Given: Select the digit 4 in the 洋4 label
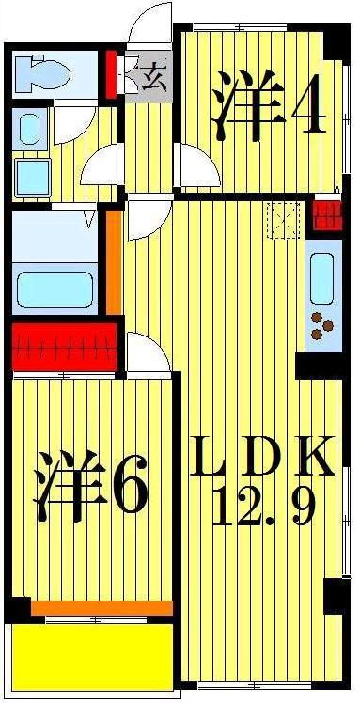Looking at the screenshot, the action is point(308,106).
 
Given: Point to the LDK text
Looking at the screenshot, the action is point(262,456).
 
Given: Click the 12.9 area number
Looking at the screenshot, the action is point(264,507).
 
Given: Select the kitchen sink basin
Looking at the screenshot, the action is point(321,278).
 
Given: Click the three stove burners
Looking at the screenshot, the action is point(321,324).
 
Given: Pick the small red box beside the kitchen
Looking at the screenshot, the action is point(327,216).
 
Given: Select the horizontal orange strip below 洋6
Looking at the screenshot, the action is point(102,608).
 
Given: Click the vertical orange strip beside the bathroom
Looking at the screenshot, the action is point(114,262).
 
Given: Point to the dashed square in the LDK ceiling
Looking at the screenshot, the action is point(283,220).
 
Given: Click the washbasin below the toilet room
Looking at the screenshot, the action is point(29,129).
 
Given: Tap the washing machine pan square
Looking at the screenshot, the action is point(32,178).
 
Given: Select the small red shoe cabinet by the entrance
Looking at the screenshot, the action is point(111,74).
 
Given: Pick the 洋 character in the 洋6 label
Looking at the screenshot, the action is point(69,485).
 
